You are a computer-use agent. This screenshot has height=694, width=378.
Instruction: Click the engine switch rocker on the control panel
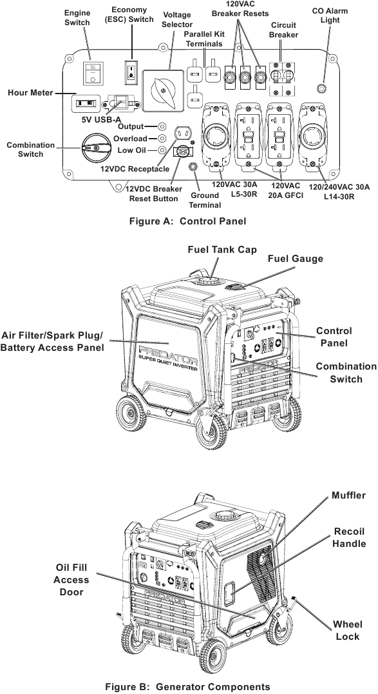[94, 72]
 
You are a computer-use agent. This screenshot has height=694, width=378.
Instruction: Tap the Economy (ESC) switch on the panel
[131, 71]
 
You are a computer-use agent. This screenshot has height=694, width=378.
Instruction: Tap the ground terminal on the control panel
[192, 167]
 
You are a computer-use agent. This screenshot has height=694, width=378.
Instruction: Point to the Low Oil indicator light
[162, 150]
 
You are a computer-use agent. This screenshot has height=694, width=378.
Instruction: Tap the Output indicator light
[162, 127]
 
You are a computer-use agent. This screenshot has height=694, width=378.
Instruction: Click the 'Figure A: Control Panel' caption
[188, 221]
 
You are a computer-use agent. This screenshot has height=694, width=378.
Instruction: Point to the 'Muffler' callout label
[348, 495]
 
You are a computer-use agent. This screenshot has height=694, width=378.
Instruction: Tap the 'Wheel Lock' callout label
[348, 630]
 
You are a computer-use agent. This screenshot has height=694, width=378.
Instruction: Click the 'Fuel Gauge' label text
[295, 259]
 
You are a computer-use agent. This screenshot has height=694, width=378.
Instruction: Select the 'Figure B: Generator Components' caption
[188, 686]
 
